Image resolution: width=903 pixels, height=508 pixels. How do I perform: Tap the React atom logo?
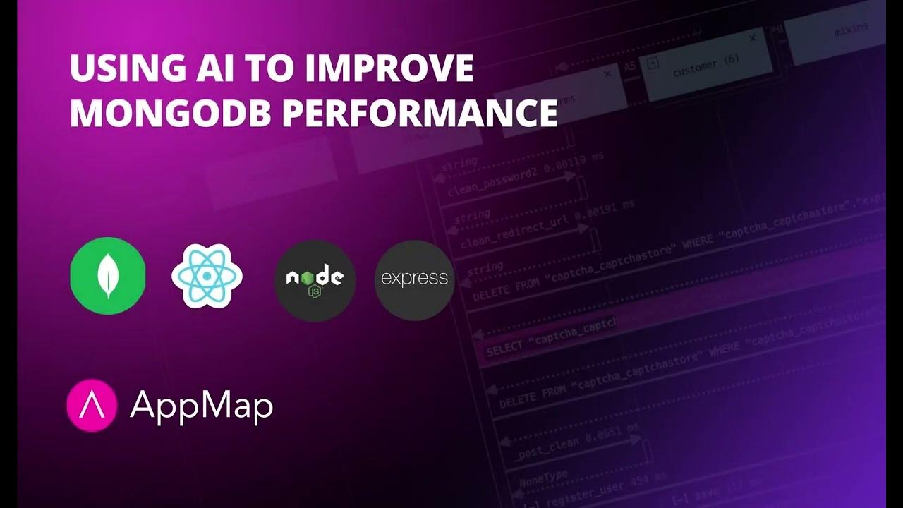[207, 276]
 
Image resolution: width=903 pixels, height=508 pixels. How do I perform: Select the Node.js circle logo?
[315, 279]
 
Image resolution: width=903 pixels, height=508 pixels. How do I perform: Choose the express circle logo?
[414, 279]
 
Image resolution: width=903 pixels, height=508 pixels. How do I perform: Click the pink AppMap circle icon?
[91, 405]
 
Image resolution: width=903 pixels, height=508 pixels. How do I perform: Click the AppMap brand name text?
[202, 406]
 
